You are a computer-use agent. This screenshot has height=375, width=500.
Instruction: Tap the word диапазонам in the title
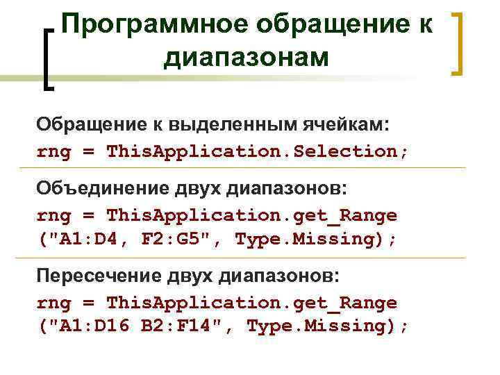(x=247, y=58)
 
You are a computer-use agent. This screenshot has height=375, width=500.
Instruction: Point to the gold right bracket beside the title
(x=457, y=43)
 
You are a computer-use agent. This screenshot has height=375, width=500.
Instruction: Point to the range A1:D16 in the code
(x=94, y=326)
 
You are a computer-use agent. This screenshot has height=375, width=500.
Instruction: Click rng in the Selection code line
(x=54, y=151)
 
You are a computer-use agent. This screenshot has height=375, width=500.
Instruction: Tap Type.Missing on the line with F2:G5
(x=309, y=240)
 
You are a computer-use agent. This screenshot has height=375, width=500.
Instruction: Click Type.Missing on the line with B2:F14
(x=322, y=326)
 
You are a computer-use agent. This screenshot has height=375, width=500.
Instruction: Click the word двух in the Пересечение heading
(x=192, y=276)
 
